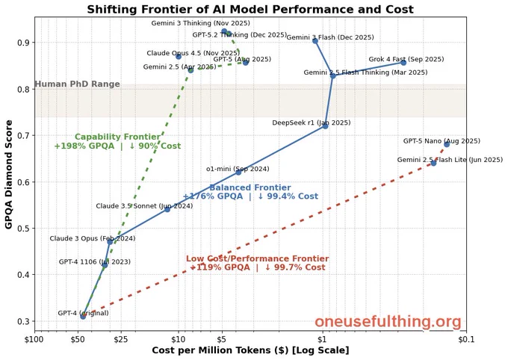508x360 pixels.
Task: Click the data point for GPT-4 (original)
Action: (x=83, y=316)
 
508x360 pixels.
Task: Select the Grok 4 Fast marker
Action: (x=403, y=63)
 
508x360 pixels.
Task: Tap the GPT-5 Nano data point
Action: (x=447, y=144)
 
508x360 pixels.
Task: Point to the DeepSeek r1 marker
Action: (x=325, y=125)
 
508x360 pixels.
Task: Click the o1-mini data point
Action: (x=238, y=172)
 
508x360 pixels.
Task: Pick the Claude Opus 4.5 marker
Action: (x=179, y=56)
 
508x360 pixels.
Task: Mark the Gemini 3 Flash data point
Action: (x=315, y=40)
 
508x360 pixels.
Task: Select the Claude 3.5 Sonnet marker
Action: (x=167, y=209)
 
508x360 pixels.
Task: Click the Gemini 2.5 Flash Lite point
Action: (x=433, y=163)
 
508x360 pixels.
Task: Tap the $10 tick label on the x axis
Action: (x=179, y=339)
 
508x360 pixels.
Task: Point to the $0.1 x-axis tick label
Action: (x=466, y=339)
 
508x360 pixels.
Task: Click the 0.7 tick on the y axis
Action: (x=23, y=135)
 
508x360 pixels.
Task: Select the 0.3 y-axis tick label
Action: (x=23, y=321)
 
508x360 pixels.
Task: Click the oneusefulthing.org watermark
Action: (x=388, y=322)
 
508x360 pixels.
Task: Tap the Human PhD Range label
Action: (x=77, y=84)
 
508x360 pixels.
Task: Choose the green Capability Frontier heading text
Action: (x=117, y=137)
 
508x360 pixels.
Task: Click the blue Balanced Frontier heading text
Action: (x=250, y=187)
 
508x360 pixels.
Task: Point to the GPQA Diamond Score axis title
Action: (x=9, y=174)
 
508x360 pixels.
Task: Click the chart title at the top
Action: (x=250, y=9)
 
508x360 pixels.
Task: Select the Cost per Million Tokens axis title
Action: (x=250, y=350)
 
